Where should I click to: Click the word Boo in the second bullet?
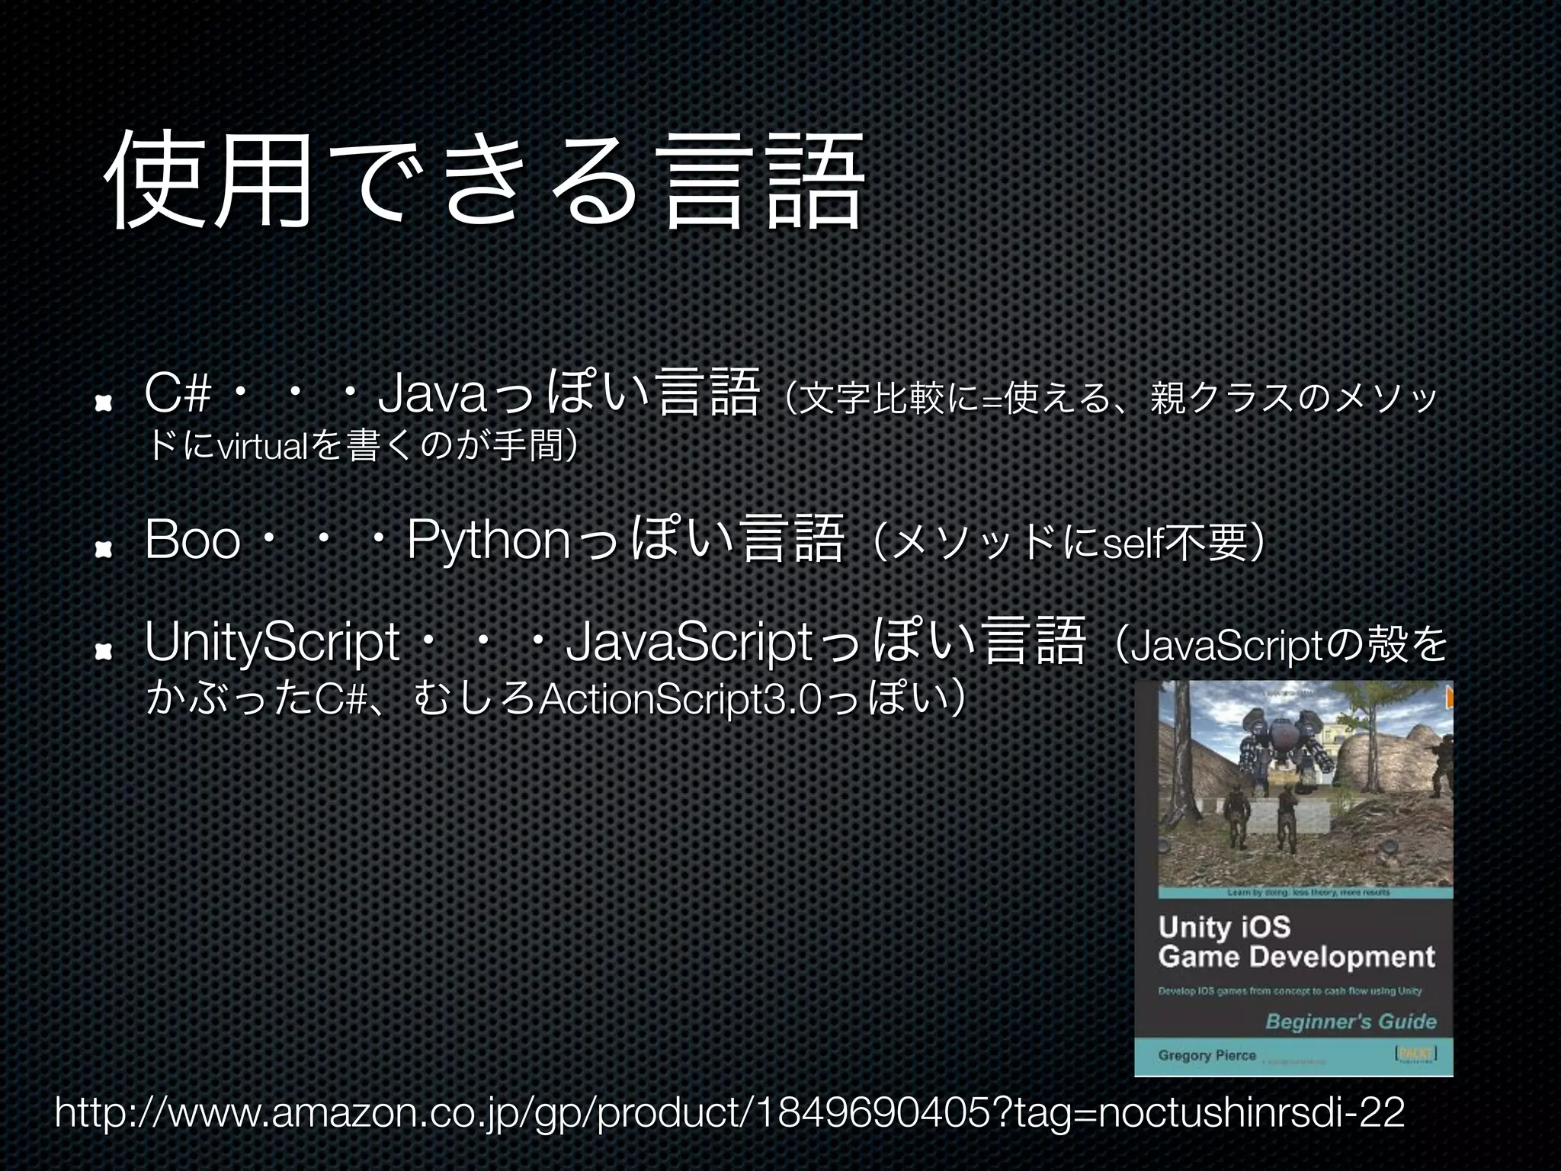(x=192, y=540)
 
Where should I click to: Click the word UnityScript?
(x=272, y=643)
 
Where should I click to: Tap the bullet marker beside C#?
(x=104, y=403)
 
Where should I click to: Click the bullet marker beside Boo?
(x=104, y=547)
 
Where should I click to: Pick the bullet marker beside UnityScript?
(x=104, y=650)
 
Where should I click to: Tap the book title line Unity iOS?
(x=1224, y=928)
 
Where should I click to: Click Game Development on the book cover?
(x=1296, y=957)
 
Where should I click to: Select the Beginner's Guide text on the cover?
(x=1351, y=1022)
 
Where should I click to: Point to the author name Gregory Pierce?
(x=1207, y=1055)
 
